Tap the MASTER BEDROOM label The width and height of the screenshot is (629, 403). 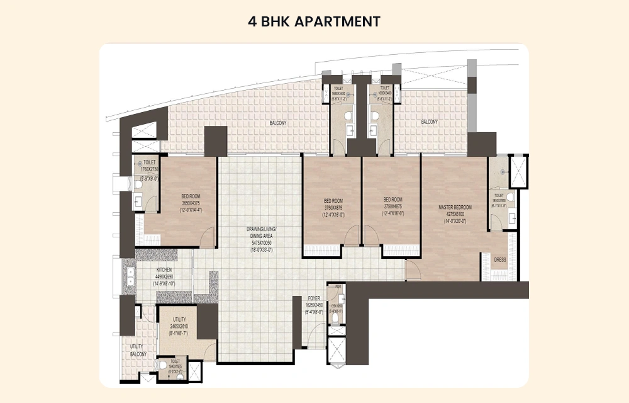pos(455,207)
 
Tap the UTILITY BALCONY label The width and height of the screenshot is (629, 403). pos(138,350)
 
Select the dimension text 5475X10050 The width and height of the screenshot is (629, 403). pos(260,242)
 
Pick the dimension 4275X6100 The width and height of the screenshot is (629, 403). pos(455,214)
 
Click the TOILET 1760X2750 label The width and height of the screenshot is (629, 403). pos(150,162)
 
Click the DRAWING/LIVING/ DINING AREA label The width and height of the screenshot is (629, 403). pos(260,231)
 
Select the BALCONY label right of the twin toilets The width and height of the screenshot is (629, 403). pos(429,122)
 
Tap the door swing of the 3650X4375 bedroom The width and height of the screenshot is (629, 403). pos(209,238)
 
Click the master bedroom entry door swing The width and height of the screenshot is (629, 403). pos(413,271)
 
